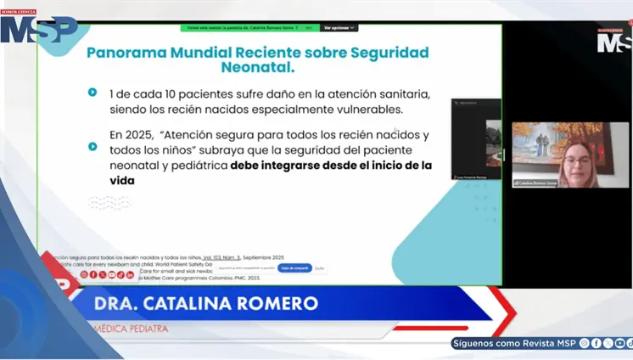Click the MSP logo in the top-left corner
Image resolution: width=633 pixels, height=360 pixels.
coord(38,26)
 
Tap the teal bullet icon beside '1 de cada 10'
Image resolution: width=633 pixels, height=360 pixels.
coord(92,92)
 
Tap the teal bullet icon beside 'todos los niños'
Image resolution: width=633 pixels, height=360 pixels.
coord(92,146)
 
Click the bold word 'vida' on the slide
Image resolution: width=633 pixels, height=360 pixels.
coord(122,181)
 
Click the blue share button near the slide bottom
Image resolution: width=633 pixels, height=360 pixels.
coord(295,267)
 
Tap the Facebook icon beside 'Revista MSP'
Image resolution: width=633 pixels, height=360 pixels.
coord(596,343)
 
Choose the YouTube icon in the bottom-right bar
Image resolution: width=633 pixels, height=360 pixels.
coord(619,343)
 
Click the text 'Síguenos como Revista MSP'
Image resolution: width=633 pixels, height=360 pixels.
coord(514,343)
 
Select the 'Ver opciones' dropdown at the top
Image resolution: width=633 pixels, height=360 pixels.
coord(338,28)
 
